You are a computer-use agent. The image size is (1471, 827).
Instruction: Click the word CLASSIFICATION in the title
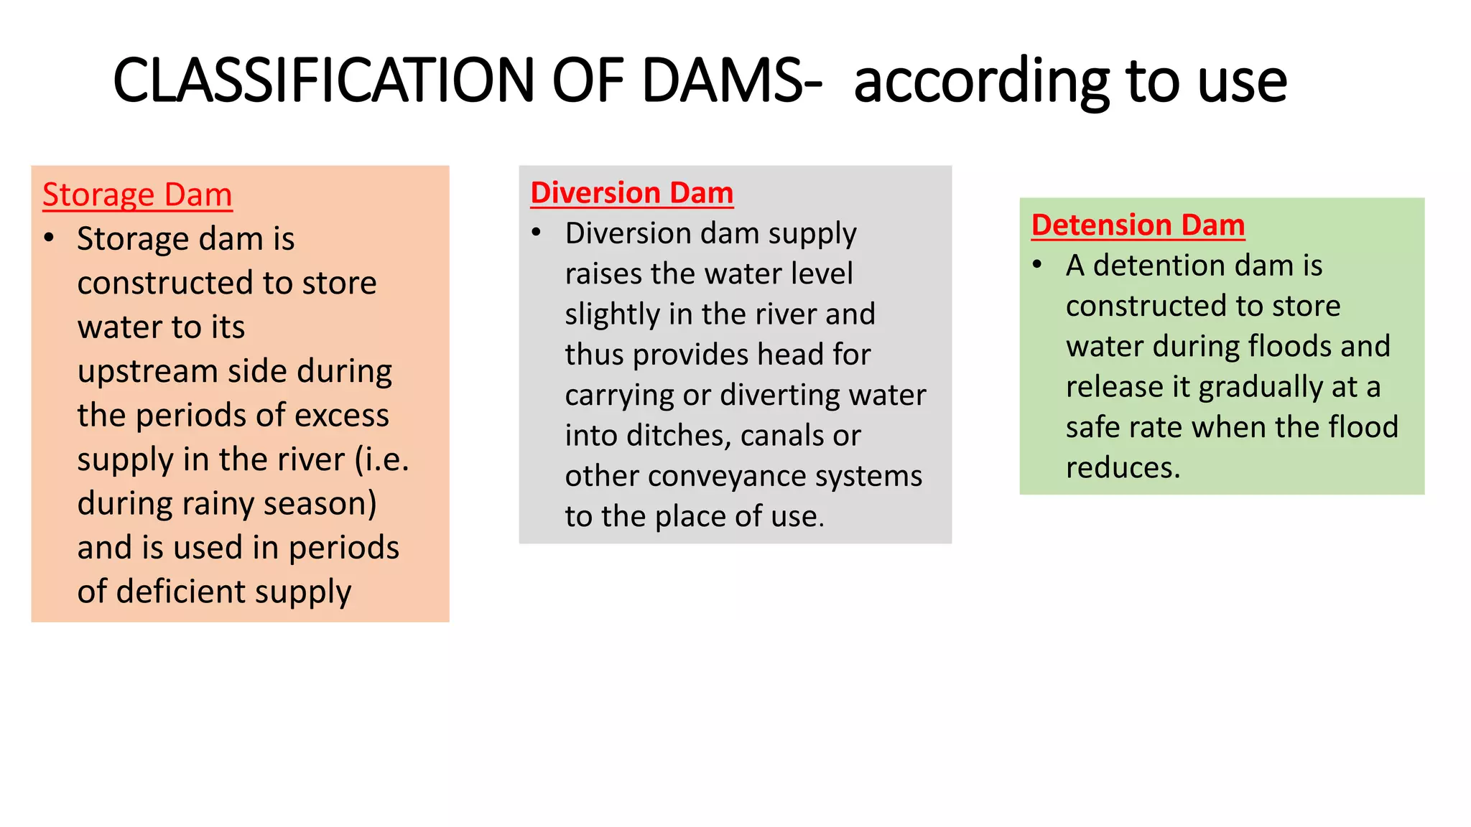click(323, 80)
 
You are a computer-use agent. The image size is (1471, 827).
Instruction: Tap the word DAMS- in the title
click(731, 80)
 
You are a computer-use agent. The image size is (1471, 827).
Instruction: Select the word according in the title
click(981, 82)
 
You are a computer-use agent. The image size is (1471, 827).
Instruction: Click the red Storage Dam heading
click(137, 195)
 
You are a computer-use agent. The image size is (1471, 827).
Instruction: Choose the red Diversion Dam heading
click(632, 192)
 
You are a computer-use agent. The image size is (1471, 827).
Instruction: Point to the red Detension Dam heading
click(1138, 225)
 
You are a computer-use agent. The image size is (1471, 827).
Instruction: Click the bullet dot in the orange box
click(49, 238)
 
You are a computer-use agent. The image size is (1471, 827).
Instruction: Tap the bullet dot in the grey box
click(536, 233)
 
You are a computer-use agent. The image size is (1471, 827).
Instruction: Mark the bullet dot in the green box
click(1037, 265)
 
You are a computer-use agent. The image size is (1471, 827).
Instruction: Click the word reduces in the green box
click(1123, 468)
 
